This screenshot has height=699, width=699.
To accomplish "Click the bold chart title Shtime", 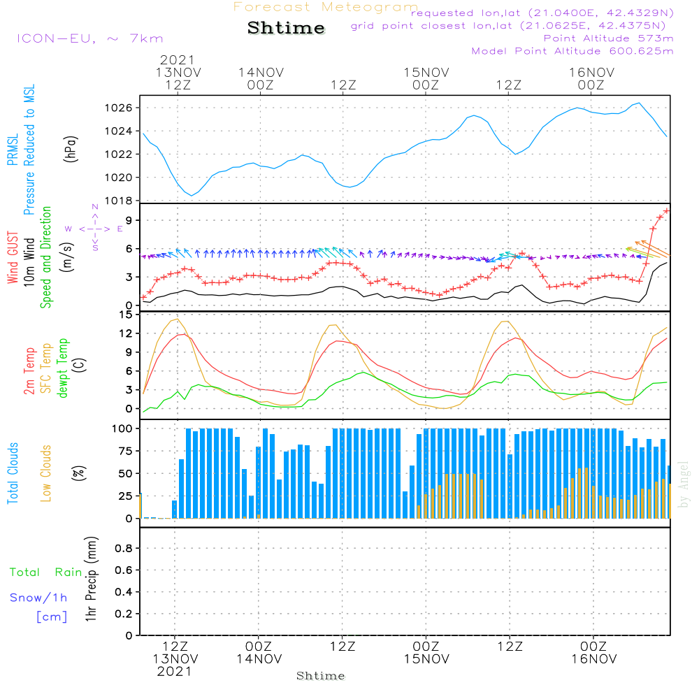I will [x=286, y=28].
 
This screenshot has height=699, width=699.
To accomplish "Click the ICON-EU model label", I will [x=89, y=38].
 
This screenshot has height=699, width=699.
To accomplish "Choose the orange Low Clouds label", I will [x=47, y=473].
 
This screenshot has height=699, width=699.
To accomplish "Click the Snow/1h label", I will [x=38, y=598].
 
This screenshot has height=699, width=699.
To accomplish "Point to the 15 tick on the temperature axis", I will [x=126, y=315].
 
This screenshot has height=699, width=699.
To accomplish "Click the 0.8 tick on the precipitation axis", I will [x=123, y=549].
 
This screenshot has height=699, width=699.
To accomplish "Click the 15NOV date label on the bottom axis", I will [x=426, y=659].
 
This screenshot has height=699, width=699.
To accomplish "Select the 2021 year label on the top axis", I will [x=177, y=60].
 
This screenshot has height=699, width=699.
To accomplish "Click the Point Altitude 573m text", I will [x=608, y=38].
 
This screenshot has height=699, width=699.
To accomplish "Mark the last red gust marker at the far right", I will [x=667, y=210].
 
